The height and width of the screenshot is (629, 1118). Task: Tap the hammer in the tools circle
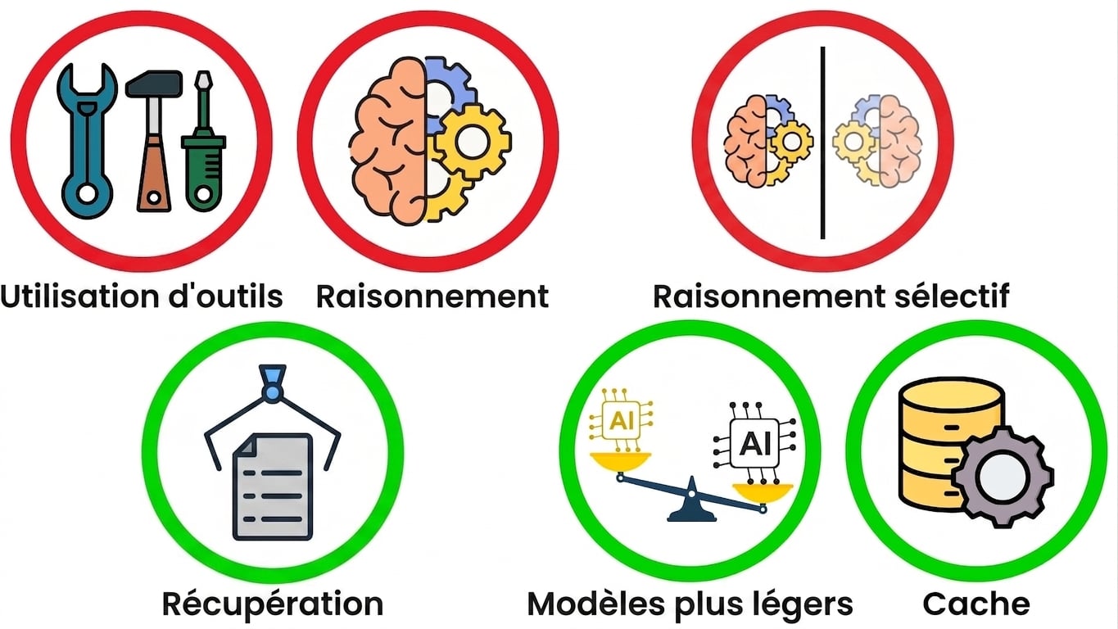click(x=154, y=141)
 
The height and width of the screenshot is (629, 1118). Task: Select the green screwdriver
click(x=204, y=145)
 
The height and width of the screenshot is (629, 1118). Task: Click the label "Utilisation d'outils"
click(x=142, y=296)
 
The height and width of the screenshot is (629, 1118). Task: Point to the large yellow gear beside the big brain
click(x=472, y=142)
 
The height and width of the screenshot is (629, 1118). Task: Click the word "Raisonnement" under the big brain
click(x=432, y=296)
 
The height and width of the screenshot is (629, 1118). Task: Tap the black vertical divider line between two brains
click(x=822, y=143)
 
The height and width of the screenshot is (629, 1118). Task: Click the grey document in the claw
click(x=273, y=486)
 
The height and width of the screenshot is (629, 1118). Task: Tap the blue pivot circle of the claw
click(x=272, y=393)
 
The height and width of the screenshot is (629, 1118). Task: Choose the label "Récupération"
click(x=273, y=604)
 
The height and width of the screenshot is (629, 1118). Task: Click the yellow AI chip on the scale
click(x=621, y=420)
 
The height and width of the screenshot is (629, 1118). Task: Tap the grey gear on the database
click(x=1003, y=477)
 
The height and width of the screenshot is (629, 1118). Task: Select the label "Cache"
click(x=976, y=604)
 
